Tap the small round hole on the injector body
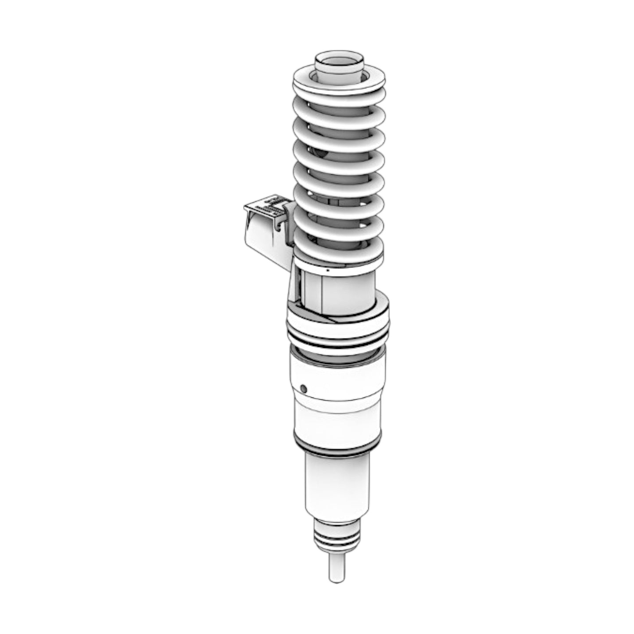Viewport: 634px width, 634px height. pos(302,388)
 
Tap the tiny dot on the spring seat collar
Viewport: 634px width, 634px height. pos(328,271)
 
